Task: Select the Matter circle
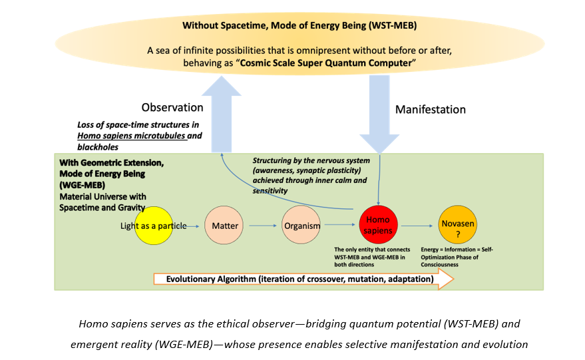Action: click(x=224, y=226)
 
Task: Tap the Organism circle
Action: click(x=301, y=226)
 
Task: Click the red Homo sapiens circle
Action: click(x=379, y=226)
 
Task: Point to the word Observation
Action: click(x=172, y=107)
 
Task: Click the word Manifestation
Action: click(x=430, y=109)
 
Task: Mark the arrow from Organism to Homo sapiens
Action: click(x=340, y=226)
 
